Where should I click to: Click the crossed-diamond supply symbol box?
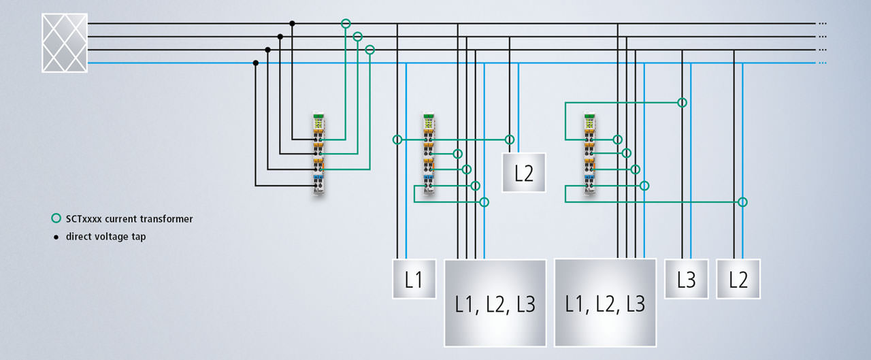[x=65, y=43]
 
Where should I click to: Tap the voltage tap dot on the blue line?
[x=256, y=63]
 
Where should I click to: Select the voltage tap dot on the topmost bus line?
[x=293, y=23]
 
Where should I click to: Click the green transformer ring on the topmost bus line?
[x=346, y=24]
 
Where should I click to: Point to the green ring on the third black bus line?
[x=370, y=50]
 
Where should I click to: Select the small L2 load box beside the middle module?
[x=524, y=173]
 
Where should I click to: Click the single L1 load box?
[x=414, y=279]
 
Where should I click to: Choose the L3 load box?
[x=686, y=279]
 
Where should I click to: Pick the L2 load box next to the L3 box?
[x=738, y=279]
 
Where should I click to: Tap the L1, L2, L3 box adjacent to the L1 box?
[x=495, y=303]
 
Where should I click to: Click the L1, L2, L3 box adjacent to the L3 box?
[x=605, y=303]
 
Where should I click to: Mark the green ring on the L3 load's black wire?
[x=682, y=102]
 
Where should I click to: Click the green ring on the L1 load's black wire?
[x=397, y=140]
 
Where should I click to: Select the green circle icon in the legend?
[x=56, y=219]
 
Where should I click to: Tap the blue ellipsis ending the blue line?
[x=822, y=63]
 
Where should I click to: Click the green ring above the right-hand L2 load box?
[x=742, y=202]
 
